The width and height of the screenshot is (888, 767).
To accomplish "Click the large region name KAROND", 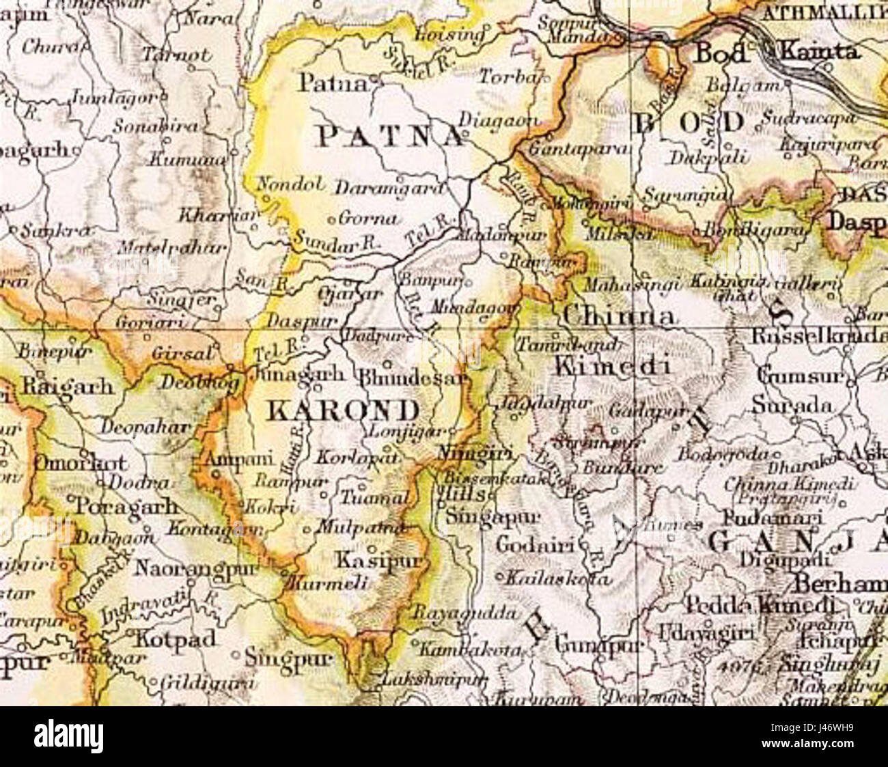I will click(x=342, y=410).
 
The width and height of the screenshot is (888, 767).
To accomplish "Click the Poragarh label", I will click(x=127, y=507).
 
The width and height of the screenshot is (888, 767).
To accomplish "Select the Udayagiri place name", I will click(x=706, y=632).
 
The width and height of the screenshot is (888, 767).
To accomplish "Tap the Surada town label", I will click(x=792, y=405).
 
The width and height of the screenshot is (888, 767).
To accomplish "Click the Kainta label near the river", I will click(x=820, y=51).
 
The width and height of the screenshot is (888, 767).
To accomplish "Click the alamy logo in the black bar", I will click(x=69, y=737).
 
